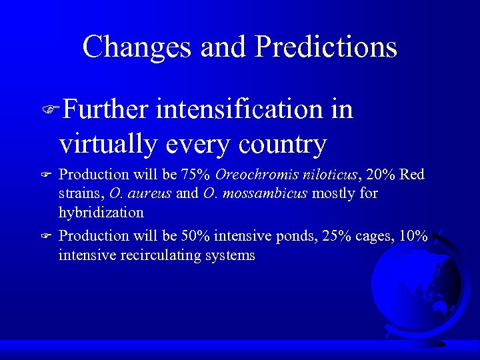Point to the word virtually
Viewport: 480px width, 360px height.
point(106,143)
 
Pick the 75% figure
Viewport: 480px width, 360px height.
point(196,175)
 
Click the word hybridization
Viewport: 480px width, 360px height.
point(101,213)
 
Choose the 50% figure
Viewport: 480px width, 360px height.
point(196,236)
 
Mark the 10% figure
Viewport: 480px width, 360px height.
point(415,236)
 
